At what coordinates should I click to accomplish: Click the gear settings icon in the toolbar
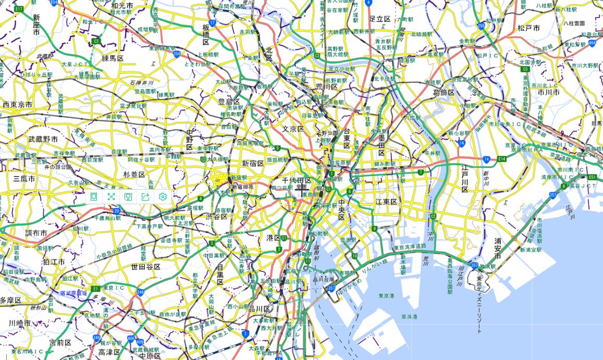163,196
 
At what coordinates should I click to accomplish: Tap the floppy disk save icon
128,196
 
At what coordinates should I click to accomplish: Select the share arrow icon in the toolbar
145,196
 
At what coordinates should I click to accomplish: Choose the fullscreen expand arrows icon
111,196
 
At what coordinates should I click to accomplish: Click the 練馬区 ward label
113,58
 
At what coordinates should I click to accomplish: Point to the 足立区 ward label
379,19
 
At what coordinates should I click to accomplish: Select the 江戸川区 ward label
464,179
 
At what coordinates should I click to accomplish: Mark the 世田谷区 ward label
145,267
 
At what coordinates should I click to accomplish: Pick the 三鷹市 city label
24,179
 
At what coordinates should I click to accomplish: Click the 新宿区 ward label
253,164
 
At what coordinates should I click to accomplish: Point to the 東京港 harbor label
386,296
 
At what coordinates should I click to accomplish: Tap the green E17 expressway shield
19,9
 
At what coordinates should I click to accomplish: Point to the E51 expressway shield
592,177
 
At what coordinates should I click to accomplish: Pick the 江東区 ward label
386,202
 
